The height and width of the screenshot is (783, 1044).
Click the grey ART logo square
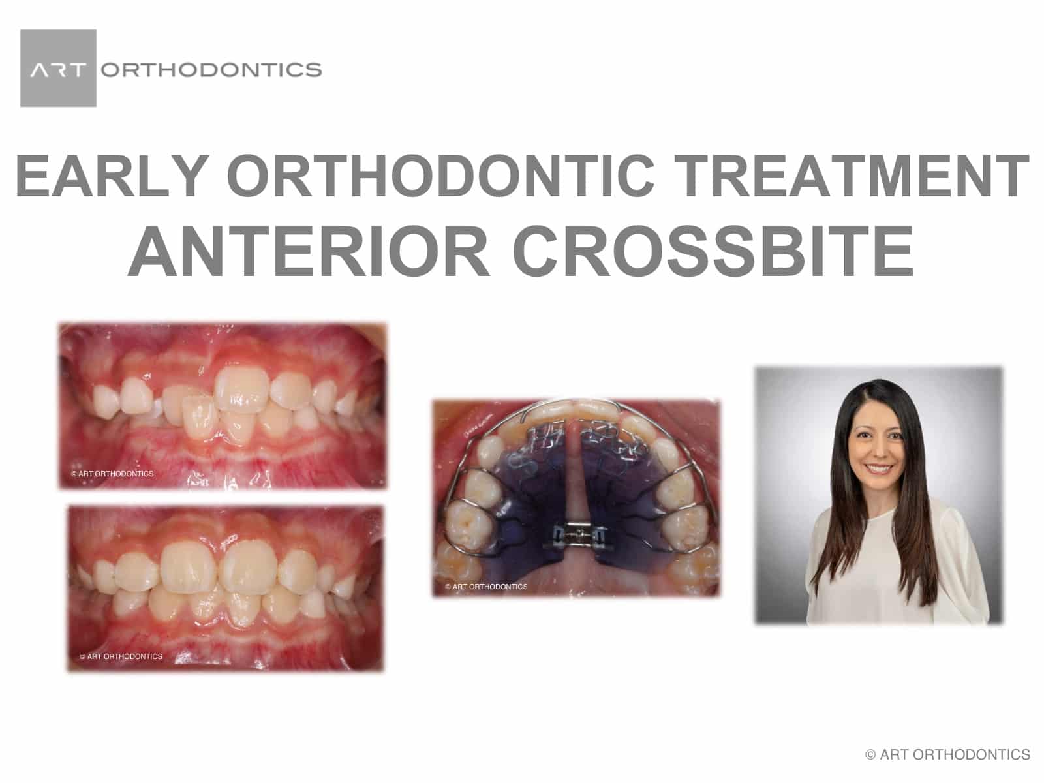[x=58, y=68]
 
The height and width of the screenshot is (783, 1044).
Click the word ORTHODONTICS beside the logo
[x=211, y=69]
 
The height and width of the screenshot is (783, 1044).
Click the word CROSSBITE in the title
[x=713, y=251]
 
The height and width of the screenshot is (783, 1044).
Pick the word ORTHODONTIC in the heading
[x=444, y=176]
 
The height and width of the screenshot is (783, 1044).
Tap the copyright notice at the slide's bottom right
[x=947, y=755]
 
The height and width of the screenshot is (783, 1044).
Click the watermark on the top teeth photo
[x=113, y=474]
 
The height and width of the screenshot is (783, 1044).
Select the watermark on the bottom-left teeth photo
[x=121, y=656]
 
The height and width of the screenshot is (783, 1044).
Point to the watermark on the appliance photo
[x=486, y=587]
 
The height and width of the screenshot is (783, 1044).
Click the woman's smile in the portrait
[x=878, y=469]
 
